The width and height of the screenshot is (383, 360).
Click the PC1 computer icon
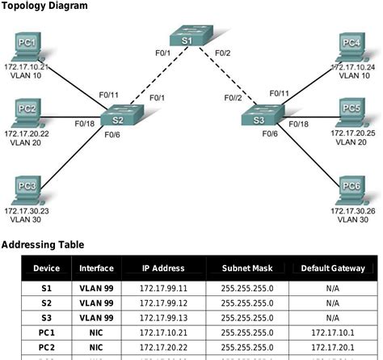tap(27, 44)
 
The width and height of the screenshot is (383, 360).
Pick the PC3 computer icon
tap(27, 188)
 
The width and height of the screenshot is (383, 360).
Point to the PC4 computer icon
tap(350, 44)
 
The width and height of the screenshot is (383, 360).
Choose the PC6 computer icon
tap(351, 188)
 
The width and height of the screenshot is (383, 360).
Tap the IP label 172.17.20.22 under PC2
tap(27, 131)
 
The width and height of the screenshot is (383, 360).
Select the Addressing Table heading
tap(42, 244)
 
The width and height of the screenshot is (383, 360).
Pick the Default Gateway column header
tap(333, 269)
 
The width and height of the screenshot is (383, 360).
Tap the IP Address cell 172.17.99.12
tap(163, 303)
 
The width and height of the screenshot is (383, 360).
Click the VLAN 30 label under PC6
tap(351, 219)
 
